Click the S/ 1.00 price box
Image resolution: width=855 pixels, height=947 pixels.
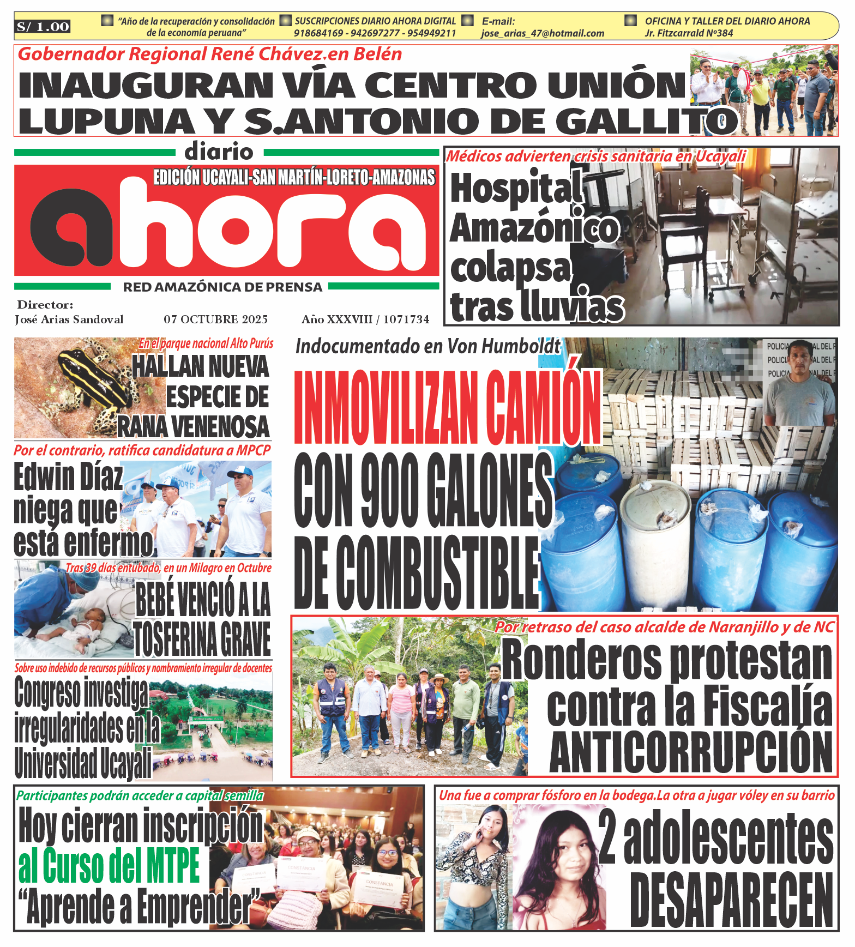click(x=43, y=27)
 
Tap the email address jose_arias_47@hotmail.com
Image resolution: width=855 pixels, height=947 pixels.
click(x=543, y=33)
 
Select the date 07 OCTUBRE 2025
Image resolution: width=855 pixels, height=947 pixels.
click(x=215, y=319)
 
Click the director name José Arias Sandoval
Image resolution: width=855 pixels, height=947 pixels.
click(x=69, y=319)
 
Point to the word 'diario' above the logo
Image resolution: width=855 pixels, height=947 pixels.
click(x=219, y=152)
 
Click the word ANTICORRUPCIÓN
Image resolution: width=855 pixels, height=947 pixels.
click(x=691, y=753)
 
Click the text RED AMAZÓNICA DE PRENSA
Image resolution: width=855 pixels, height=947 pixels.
click(x=222, y=287)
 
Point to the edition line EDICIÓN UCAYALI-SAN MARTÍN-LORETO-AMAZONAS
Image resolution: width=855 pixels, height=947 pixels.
click(x=294, y=178)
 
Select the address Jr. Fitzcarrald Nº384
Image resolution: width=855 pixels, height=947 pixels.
click(x=689, y=33)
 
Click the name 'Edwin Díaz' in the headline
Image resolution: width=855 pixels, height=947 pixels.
click(x=68, y=477)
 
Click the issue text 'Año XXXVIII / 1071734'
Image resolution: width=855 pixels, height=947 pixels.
click(x=365, y=319)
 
